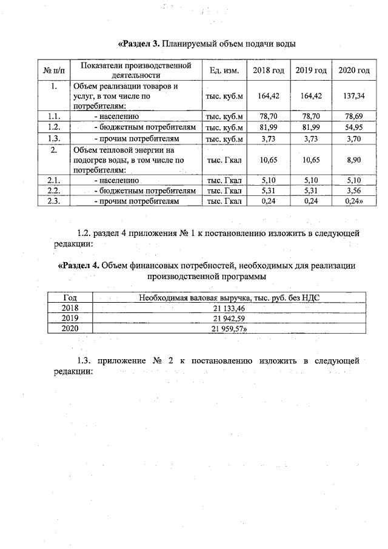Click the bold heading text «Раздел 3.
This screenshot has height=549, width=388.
click(x=139, y=45)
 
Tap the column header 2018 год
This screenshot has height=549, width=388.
click(x=269, y=71)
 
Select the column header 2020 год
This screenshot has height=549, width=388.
click(x=354, y=71)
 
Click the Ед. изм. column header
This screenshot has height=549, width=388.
click(x=224, y=71)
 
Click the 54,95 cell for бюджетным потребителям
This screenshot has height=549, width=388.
click(x=354, y=127)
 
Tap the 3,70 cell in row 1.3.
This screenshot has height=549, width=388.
click(x=354, y=139)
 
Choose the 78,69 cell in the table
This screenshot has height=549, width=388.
click(x=354, y=116)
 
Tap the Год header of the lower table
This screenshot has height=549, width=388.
click(x=70, y=297)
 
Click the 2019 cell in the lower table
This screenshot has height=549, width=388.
click(x=70, y=318)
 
